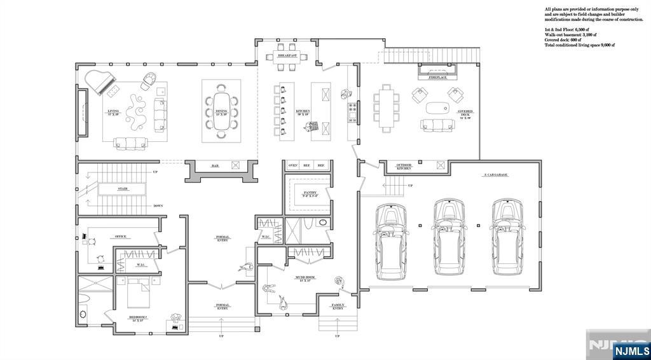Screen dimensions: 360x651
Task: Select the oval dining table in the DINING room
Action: (221, 111)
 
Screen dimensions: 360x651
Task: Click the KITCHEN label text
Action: (303, 111)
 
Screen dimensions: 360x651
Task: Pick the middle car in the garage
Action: (449, 236)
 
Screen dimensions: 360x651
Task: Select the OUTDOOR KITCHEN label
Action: (404, 167)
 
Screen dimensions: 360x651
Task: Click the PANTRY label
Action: (310, 192)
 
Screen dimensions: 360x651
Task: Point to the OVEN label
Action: (293, 165)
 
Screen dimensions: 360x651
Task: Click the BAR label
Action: (215, 166)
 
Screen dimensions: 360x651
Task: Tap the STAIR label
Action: (123, 189)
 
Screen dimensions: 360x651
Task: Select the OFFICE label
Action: (120, 237)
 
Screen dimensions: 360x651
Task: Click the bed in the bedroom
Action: (138, 293)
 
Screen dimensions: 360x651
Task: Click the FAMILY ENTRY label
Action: (338, 307)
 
